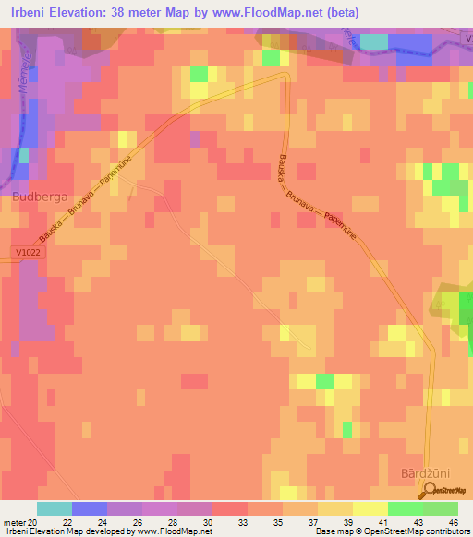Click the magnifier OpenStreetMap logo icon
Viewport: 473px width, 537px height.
click(x=431, y=492)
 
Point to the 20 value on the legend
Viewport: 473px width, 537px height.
click(x=33, y=522)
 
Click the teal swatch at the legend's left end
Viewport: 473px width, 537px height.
click(x=55, y=508)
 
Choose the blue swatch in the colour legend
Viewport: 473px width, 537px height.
click(x=90, y=508)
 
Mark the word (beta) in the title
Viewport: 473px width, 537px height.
click(x=339, y=12)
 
